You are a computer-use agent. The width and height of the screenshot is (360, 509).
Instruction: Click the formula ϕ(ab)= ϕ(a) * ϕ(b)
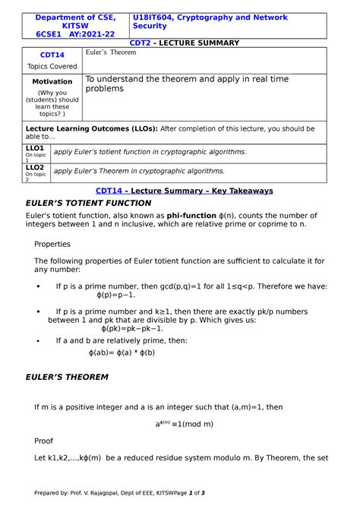(x=122, y=353)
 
